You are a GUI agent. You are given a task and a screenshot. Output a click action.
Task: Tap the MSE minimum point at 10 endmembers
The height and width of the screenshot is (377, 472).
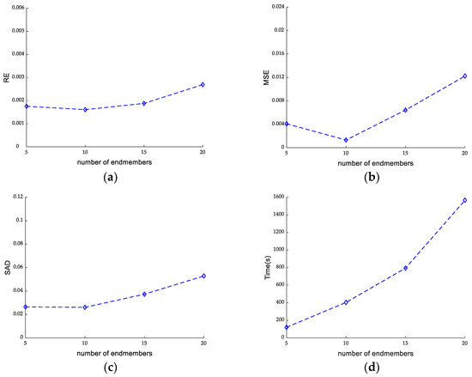pyautogui.click(x=346, y=140)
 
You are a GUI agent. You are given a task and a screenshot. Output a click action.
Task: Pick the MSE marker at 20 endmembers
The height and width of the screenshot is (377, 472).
pyautogui.click(x=464, y=76)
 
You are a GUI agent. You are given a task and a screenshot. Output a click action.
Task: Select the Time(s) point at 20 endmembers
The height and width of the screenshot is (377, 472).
pyautogui.click(x=464, y=200)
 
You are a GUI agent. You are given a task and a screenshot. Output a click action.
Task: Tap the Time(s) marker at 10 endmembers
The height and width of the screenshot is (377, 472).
pyautogui.click(x=346, y=302)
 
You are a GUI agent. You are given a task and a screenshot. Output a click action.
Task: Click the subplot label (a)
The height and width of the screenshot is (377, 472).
pyautogui.click(x=111, y=177)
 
